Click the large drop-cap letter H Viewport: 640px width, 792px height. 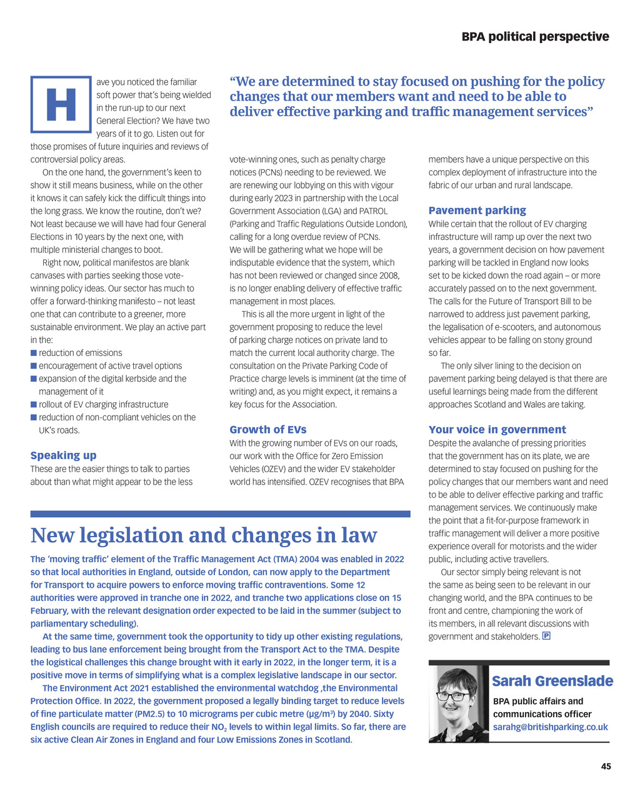click(x=61, y=104)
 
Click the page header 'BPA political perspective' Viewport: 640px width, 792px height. click(x=535, y=37)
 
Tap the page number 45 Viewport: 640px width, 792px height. click(x=606, y=766)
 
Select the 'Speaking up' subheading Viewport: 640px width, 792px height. click(x=63, y=455)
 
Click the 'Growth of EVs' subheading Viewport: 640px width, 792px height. click(x=267, y=429)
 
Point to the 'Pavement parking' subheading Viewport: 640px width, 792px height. click(x=477, y=210)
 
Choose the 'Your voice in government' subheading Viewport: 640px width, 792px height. click(x=497, y=429)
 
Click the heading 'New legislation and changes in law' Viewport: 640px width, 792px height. click(x=204, y=535)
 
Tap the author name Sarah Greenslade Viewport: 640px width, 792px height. click(x=552, y=681)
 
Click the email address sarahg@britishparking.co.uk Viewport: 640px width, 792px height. click(x=550, y=727)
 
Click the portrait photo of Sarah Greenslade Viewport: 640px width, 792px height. click(x=458, y=703)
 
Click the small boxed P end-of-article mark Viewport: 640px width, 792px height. click(x=546, y=636)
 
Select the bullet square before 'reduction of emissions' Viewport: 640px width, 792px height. click(x=34, y=353)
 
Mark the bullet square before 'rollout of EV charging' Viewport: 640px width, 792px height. click(x=34, y=405)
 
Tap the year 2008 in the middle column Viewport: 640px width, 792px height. click(x=388, y=275)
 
